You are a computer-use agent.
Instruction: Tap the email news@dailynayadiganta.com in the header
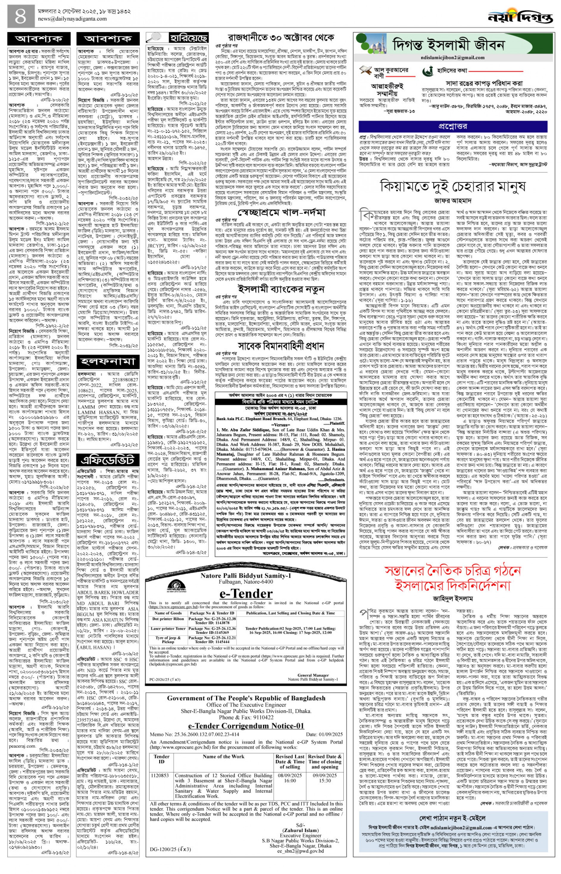(73, 19)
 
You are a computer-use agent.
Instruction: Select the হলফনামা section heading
(108, 362)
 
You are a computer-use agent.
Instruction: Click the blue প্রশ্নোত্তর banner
(452, 126)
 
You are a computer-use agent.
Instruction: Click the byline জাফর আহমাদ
(452, 200)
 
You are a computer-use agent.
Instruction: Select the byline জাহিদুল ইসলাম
(452, 598)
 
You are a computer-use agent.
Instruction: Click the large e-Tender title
(246, 593)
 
